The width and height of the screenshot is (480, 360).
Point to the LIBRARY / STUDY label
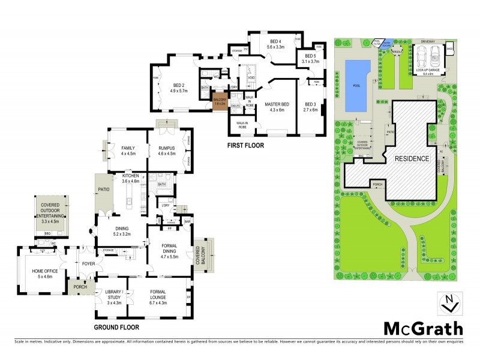tap(113, 294)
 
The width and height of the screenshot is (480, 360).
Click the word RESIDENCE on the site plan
tap(411, 159)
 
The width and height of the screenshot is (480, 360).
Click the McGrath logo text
tap(423, 328)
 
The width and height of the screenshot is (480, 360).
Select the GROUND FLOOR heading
tap(116, 328)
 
